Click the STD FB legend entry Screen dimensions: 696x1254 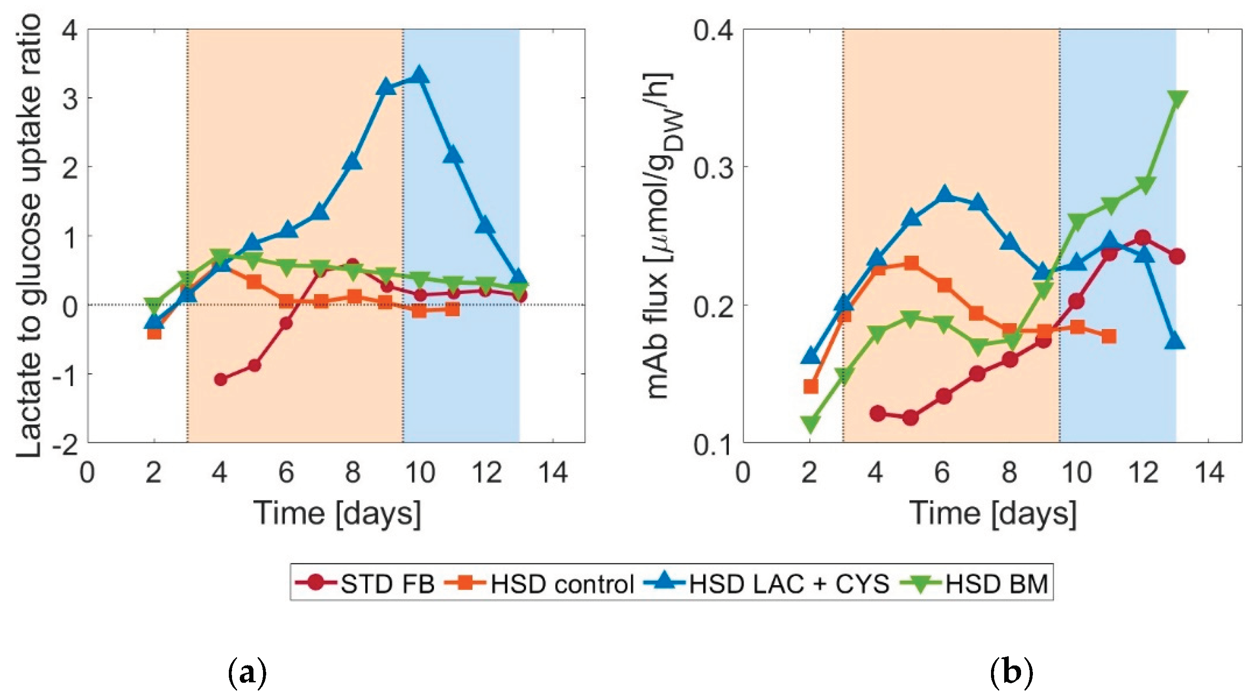point(366,583)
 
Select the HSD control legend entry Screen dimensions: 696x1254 point(540,583)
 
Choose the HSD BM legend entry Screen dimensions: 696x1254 point(974,583)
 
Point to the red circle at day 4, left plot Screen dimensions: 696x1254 point(221,379)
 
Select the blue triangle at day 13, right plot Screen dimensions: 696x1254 point(1176,342)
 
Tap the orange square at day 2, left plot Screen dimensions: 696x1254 point(155,333)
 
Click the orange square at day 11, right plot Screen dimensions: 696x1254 point(1109,336)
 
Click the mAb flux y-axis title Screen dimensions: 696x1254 point(660,236)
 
